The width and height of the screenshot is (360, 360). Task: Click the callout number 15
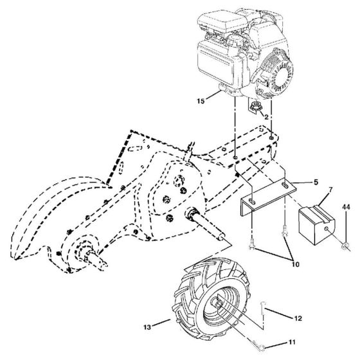(201, 101)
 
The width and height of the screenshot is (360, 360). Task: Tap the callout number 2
(266, 117)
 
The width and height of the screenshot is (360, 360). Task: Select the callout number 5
(316, 183)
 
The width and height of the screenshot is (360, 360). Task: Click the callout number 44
(346, 207)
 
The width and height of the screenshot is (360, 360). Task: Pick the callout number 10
(296, 264)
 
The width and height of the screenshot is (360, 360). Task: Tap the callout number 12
(298, 318)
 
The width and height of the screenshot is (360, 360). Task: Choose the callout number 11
(292, 342)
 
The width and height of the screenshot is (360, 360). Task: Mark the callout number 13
(147, 327)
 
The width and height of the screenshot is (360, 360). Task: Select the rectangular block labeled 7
(316, 224)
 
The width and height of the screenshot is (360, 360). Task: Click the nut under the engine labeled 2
(254, 106)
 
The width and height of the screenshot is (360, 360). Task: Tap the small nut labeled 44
(344, 247)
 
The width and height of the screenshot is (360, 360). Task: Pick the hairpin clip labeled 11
(258, 345)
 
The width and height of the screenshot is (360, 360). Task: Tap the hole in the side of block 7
(326, 229)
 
